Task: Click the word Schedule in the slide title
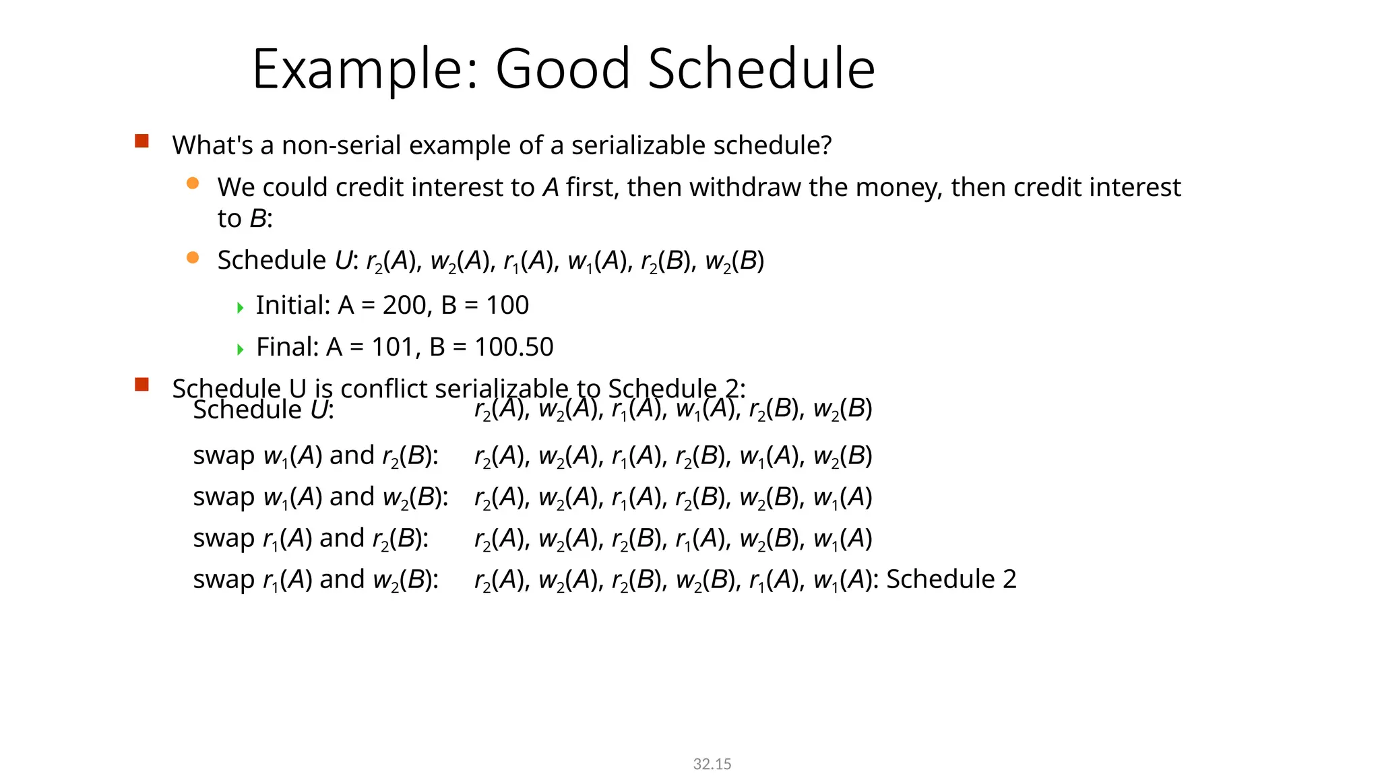761,69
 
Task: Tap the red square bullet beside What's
142,141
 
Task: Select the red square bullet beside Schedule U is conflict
142,385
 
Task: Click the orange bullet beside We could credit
193,183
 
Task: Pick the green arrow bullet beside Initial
241,308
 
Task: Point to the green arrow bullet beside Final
241,350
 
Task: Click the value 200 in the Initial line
404,306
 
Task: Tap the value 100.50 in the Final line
513,348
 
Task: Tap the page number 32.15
712,764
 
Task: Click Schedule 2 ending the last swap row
951,579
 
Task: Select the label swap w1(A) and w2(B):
321,497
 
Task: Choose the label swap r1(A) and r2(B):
311,539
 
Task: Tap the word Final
287,348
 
